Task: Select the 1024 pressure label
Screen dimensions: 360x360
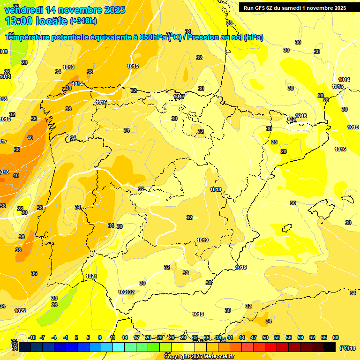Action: pos(91,276)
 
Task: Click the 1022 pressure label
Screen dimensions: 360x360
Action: pos(20,311)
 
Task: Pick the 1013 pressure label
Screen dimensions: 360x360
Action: pos(68,67)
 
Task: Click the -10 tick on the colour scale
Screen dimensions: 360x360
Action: pos(32,337)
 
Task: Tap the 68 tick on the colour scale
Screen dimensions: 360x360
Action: pos(336,337)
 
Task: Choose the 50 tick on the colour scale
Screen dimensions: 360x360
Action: pos(265,337)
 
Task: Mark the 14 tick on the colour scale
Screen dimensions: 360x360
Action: pos(125,337)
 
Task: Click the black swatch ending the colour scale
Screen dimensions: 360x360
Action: pos(330,347)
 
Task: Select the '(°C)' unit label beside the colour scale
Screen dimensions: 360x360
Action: pos(345,348)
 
